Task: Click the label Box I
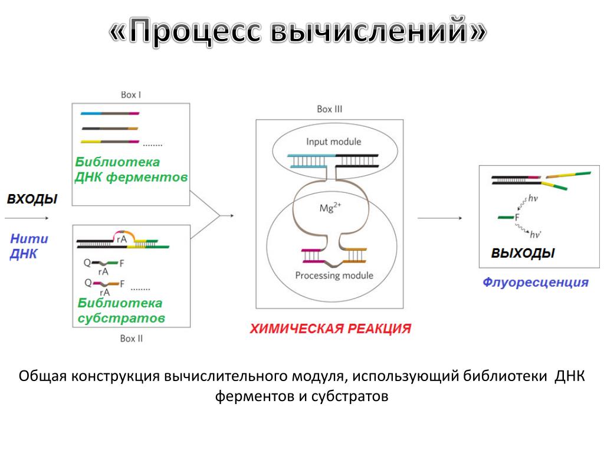pos(130,94)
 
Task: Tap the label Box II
pos(131,339)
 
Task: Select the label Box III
pos(330,109)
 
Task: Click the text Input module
pos(333,142)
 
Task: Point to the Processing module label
pos(334,275)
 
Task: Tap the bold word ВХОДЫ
pos(32,199)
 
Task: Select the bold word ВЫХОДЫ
pos(523,254)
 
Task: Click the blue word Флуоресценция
pos(536,283)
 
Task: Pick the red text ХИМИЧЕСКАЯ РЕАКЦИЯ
pos(330,329)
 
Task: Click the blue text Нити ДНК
pos(29,247)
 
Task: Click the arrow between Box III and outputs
pos(439,218)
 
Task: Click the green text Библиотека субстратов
pos(121,310)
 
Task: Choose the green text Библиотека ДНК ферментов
pos(131,169)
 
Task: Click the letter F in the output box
pos(517,218)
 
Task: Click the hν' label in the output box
pos(536,234)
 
